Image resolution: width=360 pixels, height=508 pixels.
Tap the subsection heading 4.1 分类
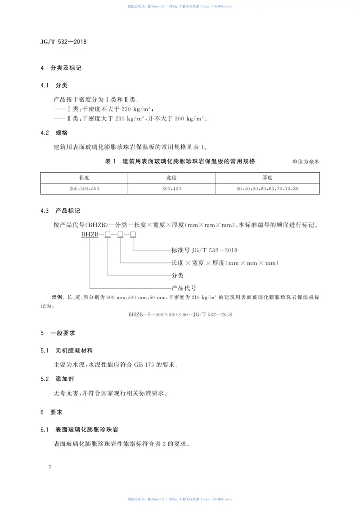[x=54, y=85]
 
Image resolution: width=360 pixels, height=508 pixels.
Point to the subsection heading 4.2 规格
[x=54, y=133]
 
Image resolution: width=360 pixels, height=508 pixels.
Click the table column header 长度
[x=84, y=178]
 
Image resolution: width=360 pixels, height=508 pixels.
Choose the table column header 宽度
[x=171, y=178]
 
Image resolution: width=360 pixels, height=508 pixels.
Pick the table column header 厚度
[x=267, y=178]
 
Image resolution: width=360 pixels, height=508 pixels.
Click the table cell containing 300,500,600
[x=84, y=189]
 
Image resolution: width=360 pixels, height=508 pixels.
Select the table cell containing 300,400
[x=171, y=189]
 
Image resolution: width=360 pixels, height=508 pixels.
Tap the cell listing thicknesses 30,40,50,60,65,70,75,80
[x=267, y=189]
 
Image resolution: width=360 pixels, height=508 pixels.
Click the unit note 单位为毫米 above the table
[x=306, y=162]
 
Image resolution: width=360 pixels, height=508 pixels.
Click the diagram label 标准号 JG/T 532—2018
[x=204, y=250]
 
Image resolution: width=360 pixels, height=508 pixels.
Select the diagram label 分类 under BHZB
[x=178, y=275]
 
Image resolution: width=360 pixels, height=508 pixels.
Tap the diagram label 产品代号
[x=184, y=288]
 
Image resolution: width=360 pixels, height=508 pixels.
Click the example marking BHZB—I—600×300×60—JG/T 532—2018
[x=180, y=314]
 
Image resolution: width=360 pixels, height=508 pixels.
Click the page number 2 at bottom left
[x=50, y=467]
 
